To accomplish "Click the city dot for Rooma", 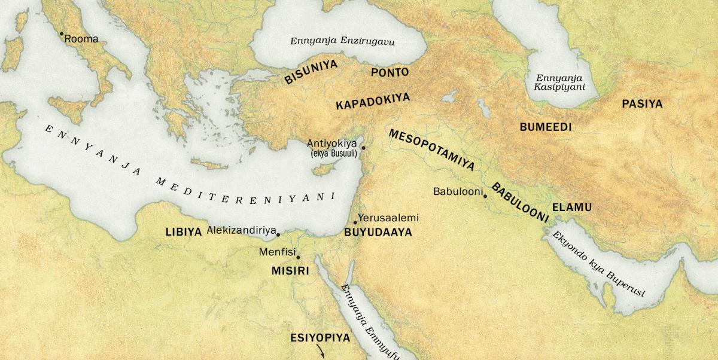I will click(61, 33).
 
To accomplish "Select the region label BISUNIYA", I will click(311, 72).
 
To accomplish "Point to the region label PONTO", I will click(390, 72).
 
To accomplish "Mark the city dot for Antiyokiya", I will click(363, 147).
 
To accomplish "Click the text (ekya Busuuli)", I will click(333, 154).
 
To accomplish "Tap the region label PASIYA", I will click(642, 104).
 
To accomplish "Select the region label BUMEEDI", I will click(546, 127).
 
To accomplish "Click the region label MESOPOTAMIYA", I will click(431, 151).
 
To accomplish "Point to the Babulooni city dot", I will click(485, 196).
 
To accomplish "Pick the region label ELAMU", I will click(571, 208).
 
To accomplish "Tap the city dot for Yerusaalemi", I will click(355, 222).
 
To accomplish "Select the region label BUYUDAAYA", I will click(378, 233).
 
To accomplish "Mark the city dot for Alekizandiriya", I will click(278, 234).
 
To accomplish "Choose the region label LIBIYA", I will click(183, 232).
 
